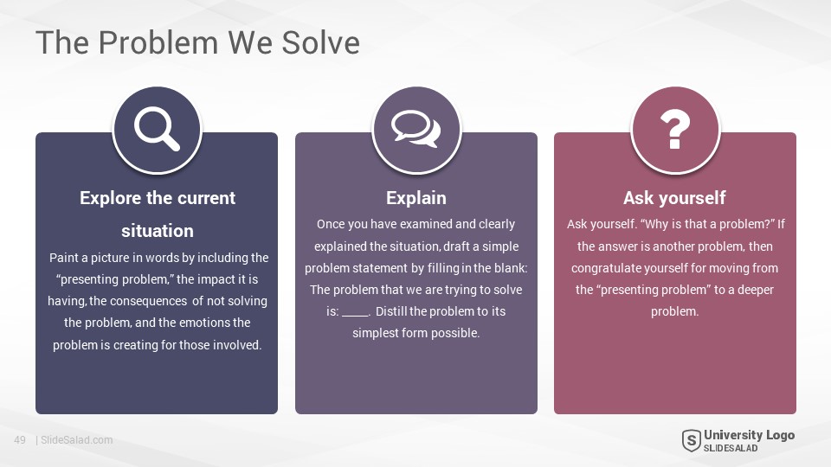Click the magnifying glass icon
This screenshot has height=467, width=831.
click(x=157, y=129)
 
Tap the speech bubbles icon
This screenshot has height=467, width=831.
click(x=416, y=129)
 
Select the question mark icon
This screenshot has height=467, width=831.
click(x=675, y=129)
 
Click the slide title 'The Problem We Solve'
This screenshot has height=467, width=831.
click(x=197, y=42)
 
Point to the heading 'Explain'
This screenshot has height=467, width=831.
click(x=416, y=198)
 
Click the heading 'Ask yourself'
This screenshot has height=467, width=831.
click(x=674, y=198)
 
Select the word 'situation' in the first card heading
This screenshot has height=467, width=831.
click(x=158, y=231)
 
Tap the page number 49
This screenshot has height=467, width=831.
click(x=20, y=440)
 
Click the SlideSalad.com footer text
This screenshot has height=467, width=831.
click(x=77, y=440)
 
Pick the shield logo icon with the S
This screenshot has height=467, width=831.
click(x=691, y=440)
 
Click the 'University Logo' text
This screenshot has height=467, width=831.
click(x=749, y=435)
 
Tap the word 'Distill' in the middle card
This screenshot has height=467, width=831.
click(x=391, y=311)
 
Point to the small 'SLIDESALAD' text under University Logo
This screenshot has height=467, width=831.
click(x=731, y=448)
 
